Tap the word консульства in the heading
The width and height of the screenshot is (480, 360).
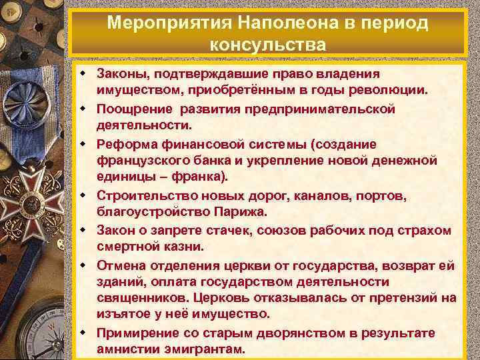267,45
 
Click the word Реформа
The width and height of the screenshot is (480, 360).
125,143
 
